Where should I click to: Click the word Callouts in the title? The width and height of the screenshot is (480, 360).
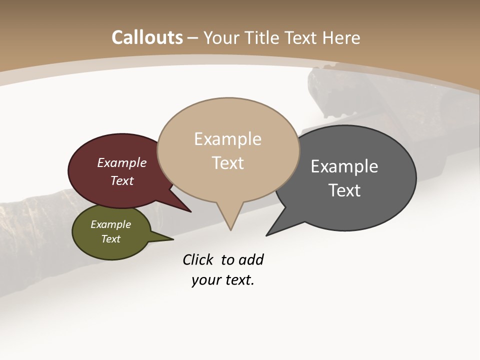pos(147,37)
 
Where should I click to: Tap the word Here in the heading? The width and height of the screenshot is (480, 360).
pos(341,37)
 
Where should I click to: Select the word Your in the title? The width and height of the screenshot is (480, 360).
pos(222,37)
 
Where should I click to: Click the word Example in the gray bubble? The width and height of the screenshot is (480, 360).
pos(344,166)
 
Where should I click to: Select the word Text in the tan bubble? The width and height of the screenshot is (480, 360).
pos(228,163)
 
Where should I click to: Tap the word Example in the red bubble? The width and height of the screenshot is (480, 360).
pos(122,163)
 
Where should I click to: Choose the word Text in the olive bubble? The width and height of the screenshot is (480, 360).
pos(111,239)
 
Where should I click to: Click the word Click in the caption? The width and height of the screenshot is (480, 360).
pos(198,260)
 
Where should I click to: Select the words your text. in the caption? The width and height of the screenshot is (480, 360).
pos(223,280)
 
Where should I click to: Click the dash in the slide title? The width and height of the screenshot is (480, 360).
pos(193,38)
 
